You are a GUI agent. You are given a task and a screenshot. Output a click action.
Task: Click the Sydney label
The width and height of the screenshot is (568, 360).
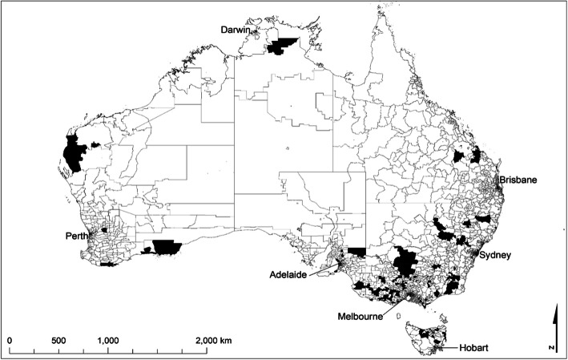(x=495, y=255)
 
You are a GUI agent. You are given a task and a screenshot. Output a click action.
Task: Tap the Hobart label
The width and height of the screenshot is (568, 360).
(x=474, y=349)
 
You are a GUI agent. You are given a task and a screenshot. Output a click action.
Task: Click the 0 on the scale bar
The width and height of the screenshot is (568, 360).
(x=10, y=341)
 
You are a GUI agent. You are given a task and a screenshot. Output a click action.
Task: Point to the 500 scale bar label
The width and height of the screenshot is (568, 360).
(x=58, y=341)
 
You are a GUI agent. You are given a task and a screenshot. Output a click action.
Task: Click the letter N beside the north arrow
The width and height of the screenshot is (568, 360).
(x=554, y=347)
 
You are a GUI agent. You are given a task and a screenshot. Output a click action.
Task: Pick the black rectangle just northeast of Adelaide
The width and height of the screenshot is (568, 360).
(x=357, y=253)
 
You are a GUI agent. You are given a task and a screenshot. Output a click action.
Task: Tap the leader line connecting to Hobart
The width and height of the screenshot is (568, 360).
(x=449, y=346)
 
